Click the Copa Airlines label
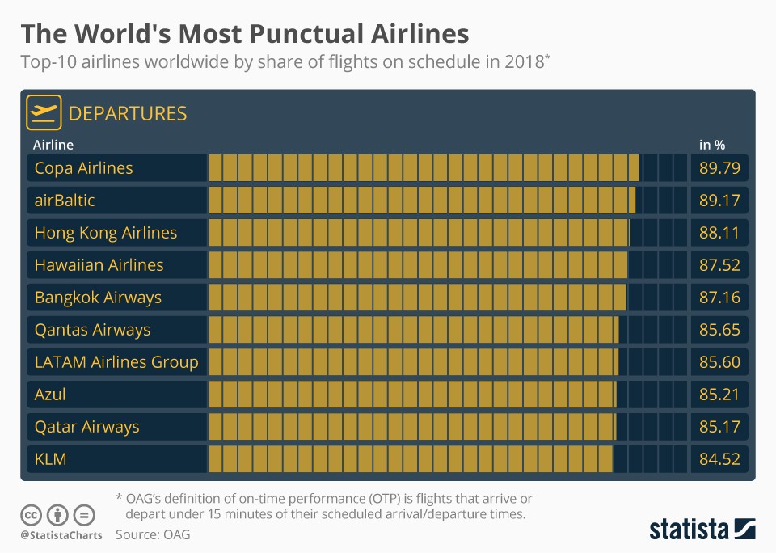pyautogui.click(x=83, y=168)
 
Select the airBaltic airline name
pyautogui.click(x=65, y=201)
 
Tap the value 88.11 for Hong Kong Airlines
pyautogui.click(x=719, y=233)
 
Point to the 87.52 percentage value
pyautogui.click(x=719, y=265)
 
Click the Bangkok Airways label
pyautogui.click(x=98, y=298)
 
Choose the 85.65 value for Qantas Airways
pyautogui.click(x=719, y=330)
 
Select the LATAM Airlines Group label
pyautogui.click(x=116, y=362)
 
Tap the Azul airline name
pyautogui.click(x=50, y=395)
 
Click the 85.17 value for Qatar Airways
pyautogui.click(x=719, y=427)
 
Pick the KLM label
pyautogui.click(x=50, y=459)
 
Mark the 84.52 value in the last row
pyautogui.click(x=719, y=459)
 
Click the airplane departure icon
pyautogui.click(x=44, y=112)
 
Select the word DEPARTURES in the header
pyautogui.click(x=128, y=114)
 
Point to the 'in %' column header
pyautogui.click(x=712, y=145)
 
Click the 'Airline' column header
pyautogui.click(x=53, y=145)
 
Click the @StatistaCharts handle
pyautogui.click(x=61, y=535)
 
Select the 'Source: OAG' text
pyautogui.click(x=153, y=534)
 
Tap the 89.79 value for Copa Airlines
pyautogui.click(x=719, y=168)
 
